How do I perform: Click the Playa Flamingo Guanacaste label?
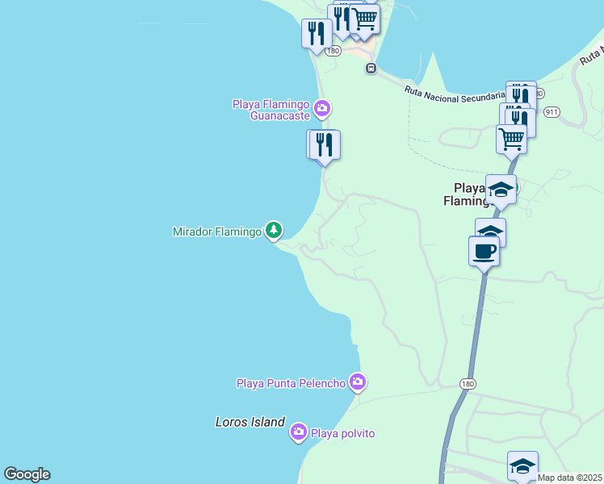tap(271, 110)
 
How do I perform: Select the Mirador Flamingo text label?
tap(217, 232)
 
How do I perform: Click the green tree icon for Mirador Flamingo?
tap(275, 231)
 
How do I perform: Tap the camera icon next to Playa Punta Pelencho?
tap(358, 382)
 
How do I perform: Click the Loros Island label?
tap(250, 422)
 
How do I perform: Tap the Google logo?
tap(27, 474)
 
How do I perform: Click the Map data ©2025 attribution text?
tap(570, 478)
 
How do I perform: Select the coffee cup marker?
tap(484, 251)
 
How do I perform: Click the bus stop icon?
tap(371, 68)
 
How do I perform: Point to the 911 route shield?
tap(552, 111)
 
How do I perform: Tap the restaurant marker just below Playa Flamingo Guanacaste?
tap(325, 145)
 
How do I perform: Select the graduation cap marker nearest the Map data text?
tap(522, 465)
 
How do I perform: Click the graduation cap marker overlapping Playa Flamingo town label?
tap(501, 190)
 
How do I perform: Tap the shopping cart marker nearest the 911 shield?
tap(511, 138)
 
